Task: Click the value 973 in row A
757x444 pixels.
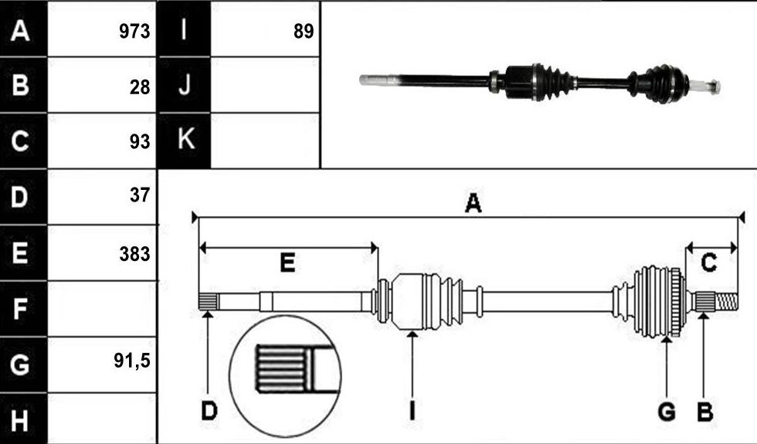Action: (x=134, y=32)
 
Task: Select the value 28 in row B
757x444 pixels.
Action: (x=140, y=87)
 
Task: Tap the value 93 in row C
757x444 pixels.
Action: (x=140, y=142)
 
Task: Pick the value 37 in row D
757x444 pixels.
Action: (x=140, y=195)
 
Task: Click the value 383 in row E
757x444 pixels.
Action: (x=134, y=254)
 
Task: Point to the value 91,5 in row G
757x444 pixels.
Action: (x=132, y=361)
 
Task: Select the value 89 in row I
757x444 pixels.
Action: (x=304, y=32)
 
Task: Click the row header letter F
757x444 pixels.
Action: (x=19, y=309)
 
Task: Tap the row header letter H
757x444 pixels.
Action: (x=19, y=420)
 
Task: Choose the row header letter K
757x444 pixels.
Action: (x=186, y=138)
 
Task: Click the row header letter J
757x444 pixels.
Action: (x=185, y=85)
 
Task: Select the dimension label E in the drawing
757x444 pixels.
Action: (x=287, y=263)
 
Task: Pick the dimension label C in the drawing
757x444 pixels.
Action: (x=708, y=263)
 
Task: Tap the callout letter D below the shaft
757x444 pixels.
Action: (x=209, y=412)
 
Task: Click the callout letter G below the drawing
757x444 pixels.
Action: (x=667, y=412)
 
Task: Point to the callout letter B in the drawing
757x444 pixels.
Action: (x=704, y=412)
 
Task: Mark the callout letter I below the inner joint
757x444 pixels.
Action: (x=412, y=412)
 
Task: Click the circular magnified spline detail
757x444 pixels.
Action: (x=285, y=376)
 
